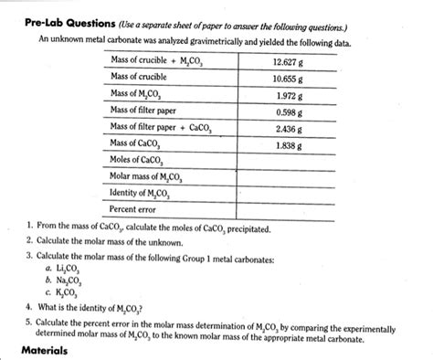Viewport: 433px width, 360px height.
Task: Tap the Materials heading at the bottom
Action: (44, 351)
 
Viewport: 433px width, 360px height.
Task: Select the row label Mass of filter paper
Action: (143, 111)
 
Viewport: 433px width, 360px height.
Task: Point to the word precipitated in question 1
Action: (259, 227)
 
